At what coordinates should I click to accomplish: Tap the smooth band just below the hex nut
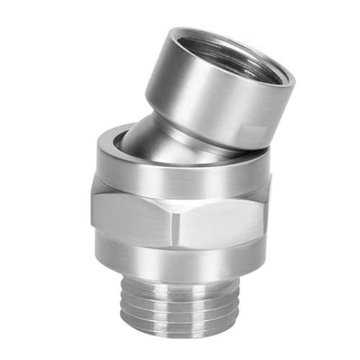coord(180,256)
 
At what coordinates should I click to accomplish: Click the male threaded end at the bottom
coord(180,302)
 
